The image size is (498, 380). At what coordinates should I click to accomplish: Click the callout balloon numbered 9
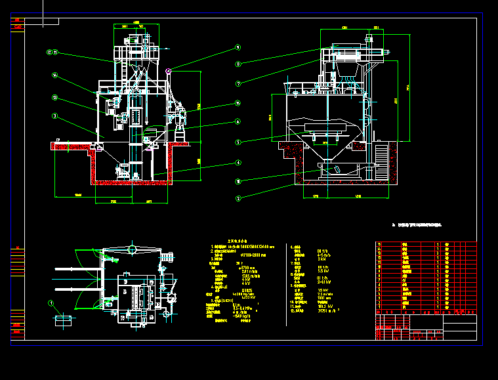[x=238, y=47]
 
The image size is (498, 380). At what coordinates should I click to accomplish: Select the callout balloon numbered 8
[x=238, y=64]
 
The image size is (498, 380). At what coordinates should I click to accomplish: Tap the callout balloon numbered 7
[x=238, y=83]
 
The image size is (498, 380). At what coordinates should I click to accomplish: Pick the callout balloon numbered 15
[x=238, y=103]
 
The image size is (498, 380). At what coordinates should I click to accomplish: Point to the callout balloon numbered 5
[x=238, y=141]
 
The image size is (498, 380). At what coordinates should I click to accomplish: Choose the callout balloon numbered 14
[x=56, y=75]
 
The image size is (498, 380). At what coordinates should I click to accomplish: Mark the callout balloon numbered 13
[x=56, y=98]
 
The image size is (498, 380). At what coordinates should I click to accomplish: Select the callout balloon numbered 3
[x=56, y=116]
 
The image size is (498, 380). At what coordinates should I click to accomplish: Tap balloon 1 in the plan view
[x=51, y=303]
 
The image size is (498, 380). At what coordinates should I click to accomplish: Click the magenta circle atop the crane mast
[x=169, y=70]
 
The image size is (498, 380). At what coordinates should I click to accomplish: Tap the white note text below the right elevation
[x=417, y=225]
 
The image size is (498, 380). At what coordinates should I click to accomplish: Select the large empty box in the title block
[x=460, y=327]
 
